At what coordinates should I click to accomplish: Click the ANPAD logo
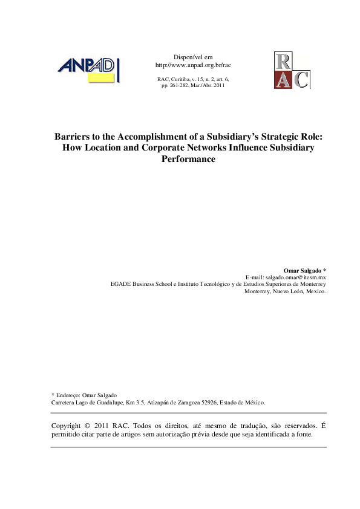tap(88, 68)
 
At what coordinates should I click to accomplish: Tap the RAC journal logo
tap(292, 70)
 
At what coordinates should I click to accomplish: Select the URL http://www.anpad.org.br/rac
tap(193, 65)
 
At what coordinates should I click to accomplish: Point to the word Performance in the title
tap(188, 160)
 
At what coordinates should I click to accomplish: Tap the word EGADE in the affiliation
tap(120, 283)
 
